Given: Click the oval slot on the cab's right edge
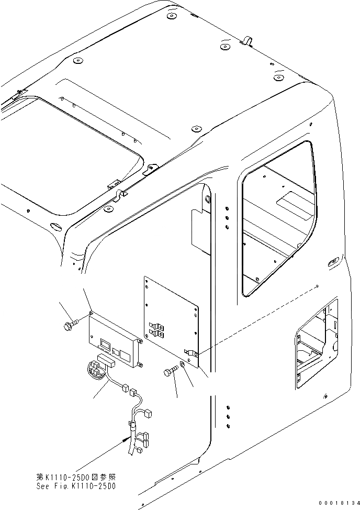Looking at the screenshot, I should [x=332, y=260].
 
